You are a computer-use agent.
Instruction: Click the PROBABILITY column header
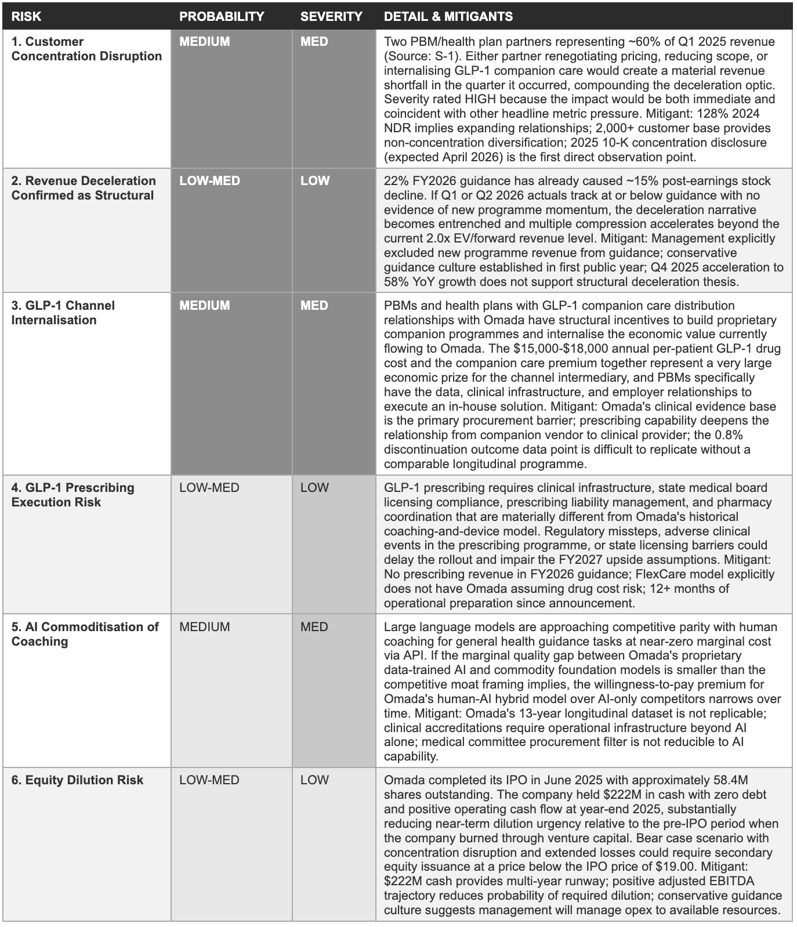222,16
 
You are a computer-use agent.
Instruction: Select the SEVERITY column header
331,16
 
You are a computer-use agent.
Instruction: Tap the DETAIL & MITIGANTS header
448,16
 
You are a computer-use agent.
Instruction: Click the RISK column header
26,16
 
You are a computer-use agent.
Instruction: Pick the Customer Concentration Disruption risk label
86,49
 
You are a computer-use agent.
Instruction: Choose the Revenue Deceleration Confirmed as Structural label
84,188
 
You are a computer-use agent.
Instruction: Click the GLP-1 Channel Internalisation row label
63,313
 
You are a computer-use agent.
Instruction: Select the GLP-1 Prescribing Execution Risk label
73,495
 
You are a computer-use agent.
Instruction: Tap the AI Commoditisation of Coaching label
85,634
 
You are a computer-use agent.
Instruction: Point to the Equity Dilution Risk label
77,780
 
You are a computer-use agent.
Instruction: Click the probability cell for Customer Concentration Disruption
205,42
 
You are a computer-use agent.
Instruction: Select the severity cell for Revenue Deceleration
315,181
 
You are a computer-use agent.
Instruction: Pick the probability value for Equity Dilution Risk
209,780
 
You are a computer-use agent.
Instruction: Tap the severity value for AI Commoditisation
314,627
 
